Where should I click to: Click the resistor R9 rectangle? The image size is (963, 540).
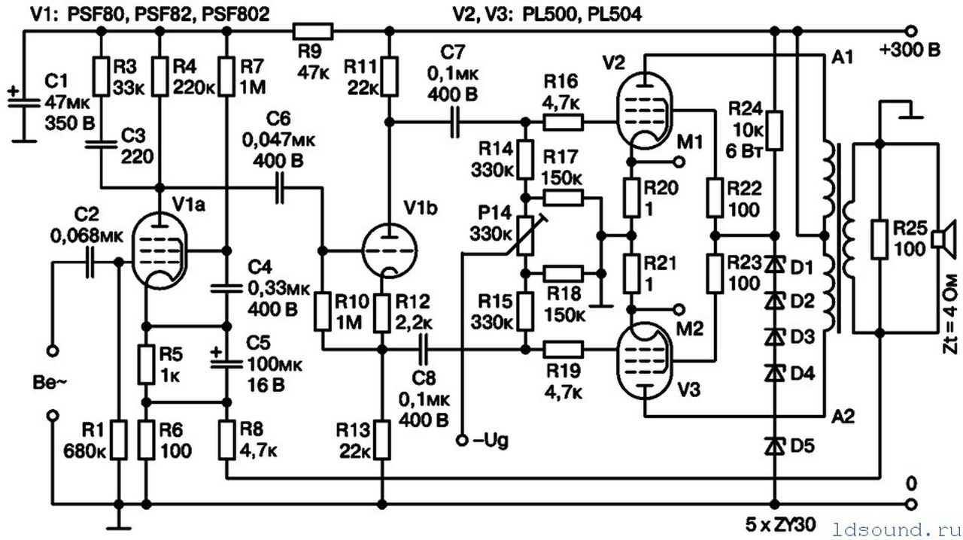pos(312,31)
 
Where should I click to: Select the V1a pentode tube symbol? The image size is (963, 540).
pos(159,249)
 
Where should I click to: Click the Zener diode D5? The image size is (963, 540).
pos(773,445)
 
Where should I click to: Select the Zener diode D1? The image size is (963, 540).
pos(773,265)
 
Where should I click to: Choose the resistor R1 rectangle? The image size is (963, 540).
pos(119,440)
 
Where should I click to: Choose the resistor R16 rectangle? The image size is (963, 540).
pos(563,120)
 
